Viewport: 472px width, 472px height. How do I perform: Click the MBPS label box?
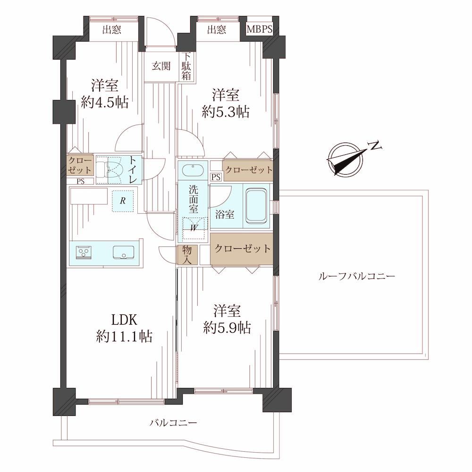click(x=260, y=29)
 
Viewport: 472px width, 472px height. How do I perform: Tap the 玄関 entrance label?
click(x=161, y=66)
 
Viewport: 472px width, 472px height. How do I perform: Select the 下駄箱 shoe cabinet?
click(x=186, y=67)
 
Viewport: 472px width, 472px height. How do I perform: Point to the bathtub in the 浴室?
click(x=256, y=206)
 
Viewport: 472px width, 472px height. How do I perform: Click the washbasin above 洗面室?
click(x=193, y=169)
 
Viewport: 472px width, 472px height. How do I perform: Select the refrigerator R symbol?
click(x=123, y=201)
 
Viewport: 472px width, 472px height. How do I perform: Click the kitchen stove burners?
click(x=84, y=252)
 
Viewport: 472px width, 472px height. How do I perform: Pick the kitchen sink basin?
click(x=123, y=252)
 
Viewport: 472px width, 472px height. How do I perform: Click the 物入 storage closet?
click(x=187, y=255)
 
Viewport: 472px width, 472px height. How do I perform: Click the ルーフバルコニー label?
click(x=357, y=276)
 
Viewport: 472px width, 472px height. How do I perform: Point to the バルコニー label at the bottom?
click(x=174, y=423)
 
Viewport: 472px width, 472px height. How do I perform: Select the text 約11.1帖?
click(x=124, y=336)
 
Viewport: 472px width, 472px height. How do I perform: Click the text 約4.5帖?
click(x=105, y=102)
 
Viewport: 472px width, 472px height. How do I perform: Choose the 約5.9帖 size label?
click(x=227, y=328)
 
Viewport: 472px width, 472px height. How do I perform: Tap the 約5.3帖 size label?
click(x=226, y=112)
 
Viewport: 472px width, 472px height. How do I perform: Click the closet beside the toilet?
click(x=79, y=165)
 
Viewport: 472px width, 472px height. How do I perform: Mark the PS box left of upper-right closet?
click(x=216, y=177)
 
